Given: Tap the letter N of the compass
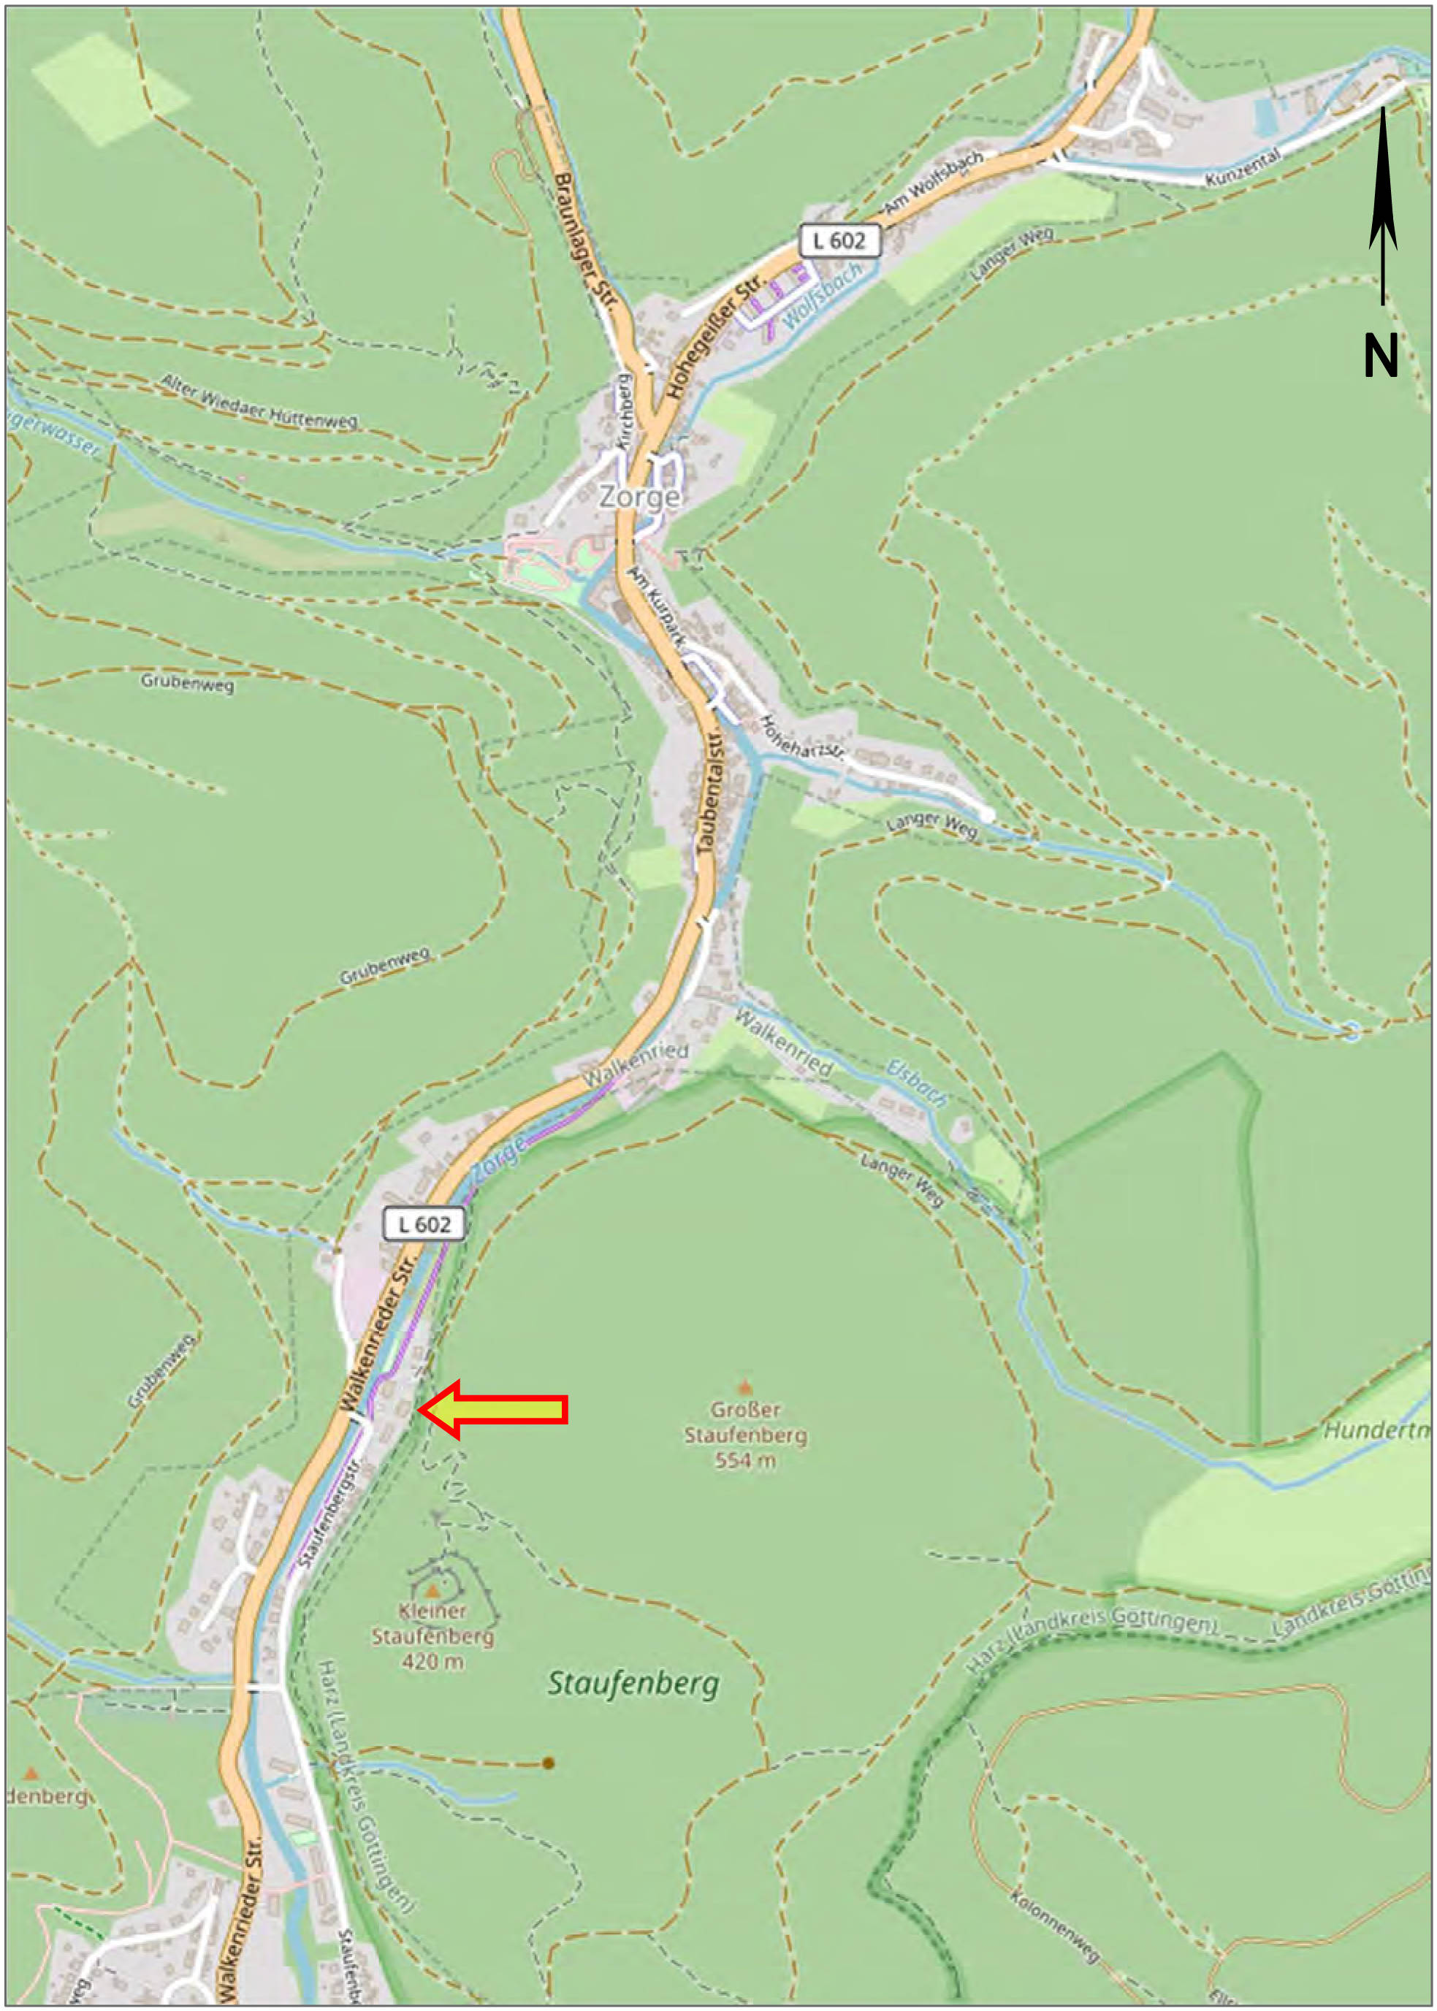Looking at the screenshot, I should tap(1380, 356).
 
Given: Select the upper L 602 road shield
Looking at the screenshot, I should tap(839, 240).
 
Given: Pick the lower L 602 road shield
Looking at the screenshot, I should tap(424, 1224).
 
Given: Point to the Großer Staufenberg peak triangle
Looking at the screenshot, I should tap(744, 1386).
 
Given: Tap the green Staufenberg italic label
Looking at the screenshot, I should tap(633, 1683).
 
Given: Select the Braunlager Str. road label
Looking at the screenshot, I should tap(584, 240).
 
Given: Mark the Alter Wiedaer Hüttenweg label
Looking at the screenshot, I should tap(259, 401).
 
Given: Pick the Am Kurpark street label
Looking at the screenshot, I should tap(656, 606).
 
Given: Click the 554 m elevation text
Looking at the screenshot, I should tap(744, 1459).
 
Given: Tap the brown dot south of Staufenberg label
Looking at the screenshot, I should tap(548, 1763).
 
